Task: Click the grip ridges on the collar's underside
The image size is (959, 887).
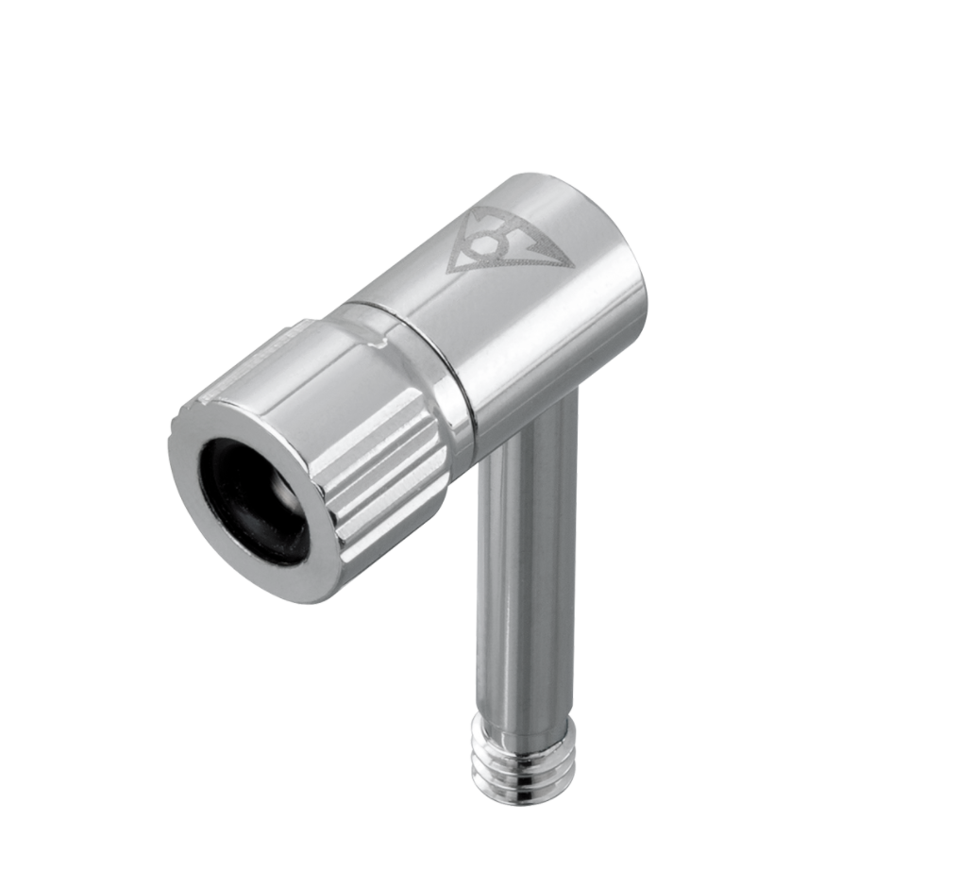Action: pos(387,500)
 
